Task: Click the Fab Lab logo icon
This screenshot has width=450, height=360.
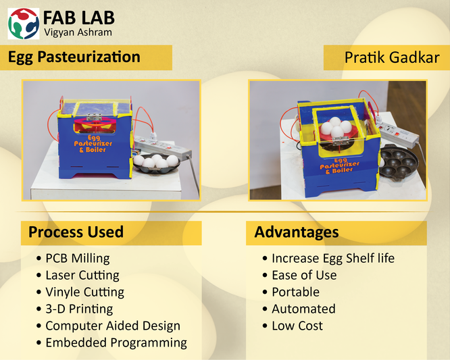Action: (23, 24)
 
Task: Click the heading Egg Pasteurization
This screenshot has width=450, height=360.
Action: (74, 57)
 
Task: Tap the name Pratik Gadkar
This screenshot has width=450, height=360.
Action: (392, 57)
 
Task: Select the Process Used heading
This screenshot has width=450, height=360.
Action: (76, 232)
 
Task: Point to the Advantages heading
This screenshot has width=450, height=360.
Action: (297, 232)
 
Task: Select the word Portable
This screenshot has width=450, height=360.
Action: (295, 292)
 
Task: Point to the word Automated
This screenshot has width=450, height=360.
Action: (303, 309)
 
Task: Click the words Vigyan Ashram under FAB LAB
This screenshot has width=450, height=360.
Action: (78, 32)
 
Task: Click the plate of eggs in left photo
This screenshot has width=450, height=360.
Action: (156, 163)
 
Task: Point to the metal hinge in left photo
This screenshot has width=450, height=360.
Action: (95, 117)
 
